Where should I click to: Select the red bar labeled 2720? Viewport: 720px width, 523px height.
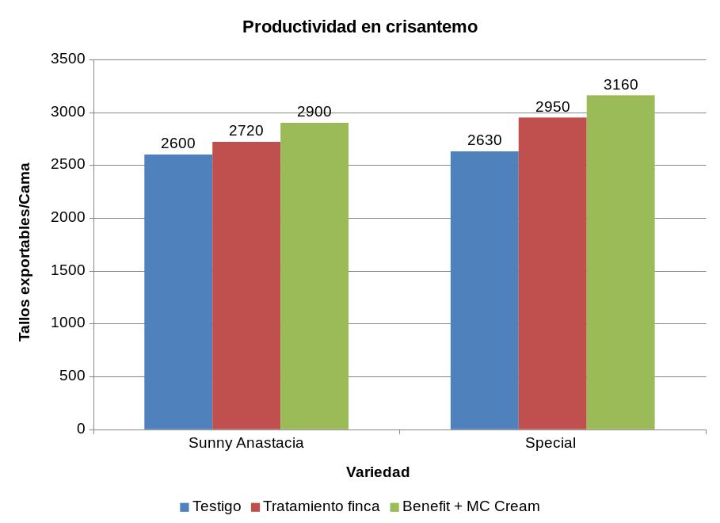pos(246,285)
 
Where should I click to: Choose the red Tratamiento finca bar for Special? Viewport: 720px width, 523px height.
pos(553,273)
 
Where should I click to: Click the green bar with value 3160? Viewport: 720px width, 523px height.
pos(621,262)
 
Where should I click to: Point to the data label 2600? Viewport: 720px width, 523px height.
pos(178,143)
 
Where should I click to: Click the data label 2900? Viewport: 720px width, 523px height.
pos(314,112)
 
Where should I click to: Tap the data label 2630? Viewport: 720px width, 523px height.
pos(485,140)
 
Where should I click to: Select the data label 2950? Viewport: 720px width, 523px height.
pos(553,106)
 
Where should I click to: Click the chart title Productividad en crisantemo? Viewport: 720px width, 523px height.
pos(360,27)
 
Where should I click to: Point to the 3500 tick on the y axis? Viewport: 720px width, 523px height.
pos(67,59)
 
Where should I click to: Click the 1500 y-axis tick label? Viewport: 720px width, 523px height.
pos(67,271)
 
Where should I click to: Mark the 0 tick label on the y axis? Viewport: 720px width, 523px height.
pos(81,429)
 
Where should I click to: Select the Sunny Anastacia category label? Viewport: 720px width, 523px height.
pos(246,443)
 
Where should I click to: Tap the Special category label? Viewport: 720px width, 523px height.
pos(550,443)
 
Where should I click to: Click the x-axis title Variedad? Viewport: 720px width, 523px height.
pos(378,472)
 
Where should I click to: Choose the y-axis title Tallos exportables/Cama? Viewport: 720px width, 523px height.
pos(25,252)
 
